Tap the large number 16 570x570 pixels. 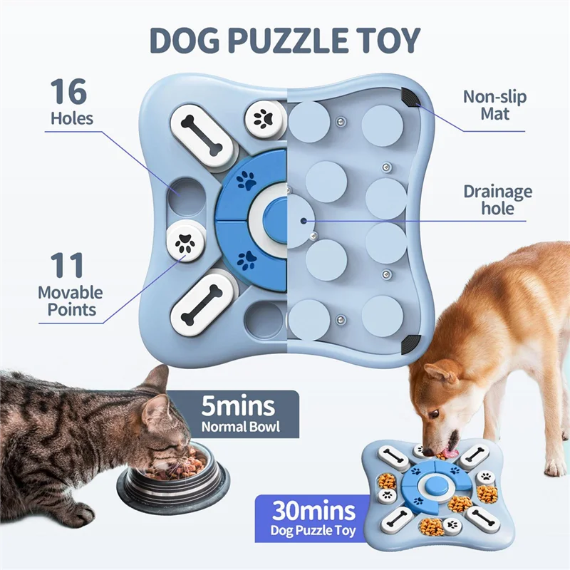pyautogui.click(x=69, y=93)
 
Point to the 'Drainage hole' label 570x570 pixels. pyautogui.click(x=497, y=200)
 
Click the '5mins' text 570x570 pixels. pyautogui.click(x=238, y=407)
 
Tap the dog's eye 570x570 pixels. pyautogui.click(x=434, y=413)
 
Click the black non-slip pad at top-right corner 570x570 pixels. pyautogui.click(x=410, y=98)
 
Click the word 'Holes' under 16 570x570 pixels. pyautogui.click(x=71, y=118)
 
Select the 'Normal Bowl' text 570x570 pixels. pyautogui.click(x=238, y=428)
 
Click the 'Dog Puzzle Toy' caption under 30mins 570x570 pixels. pyautogui.click(x=313, y=531)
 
